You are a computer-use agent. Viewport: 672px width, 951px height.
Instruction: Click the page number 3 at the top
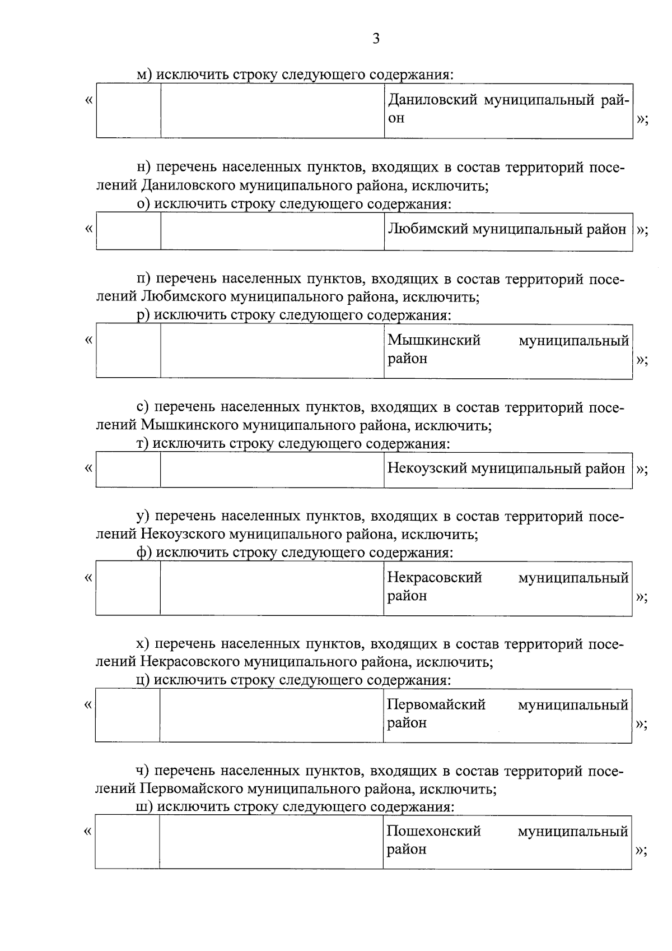point(376,39)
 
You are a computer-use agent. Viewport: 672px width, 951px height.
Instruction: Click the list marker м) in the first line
point(144,75)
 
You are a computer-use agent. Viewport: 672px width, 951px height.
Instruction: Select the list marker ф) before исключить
point(144,553)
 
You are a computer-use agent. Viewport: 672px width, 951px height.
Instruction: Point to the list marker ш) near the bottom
point(145,807)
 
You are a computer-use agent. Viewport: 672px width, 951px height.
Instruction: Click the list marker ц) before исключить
point(144,680)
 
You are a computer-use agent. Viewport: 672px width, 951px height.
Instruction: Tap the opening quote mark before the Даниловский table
point(88,101)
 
